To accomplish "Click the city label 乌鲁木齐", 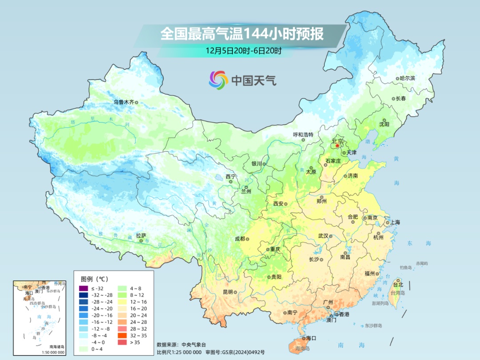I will [123, 102].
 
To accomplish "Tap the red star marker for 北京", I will [337, 145].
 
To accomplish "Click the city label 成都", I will [240, 239].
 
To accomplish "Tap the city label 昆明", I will [228, 292].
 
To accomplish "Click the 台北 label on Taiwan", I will [398, 284].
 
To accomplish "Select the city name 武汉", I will [323, 236].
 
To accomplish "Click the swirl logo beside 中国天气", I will [218, 80].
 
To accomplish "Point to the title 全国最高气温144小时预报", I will [242, 34].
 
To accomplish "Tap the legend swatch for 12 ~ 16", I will [122, 302].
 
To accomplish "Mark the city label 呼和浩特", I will [303, 134].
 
